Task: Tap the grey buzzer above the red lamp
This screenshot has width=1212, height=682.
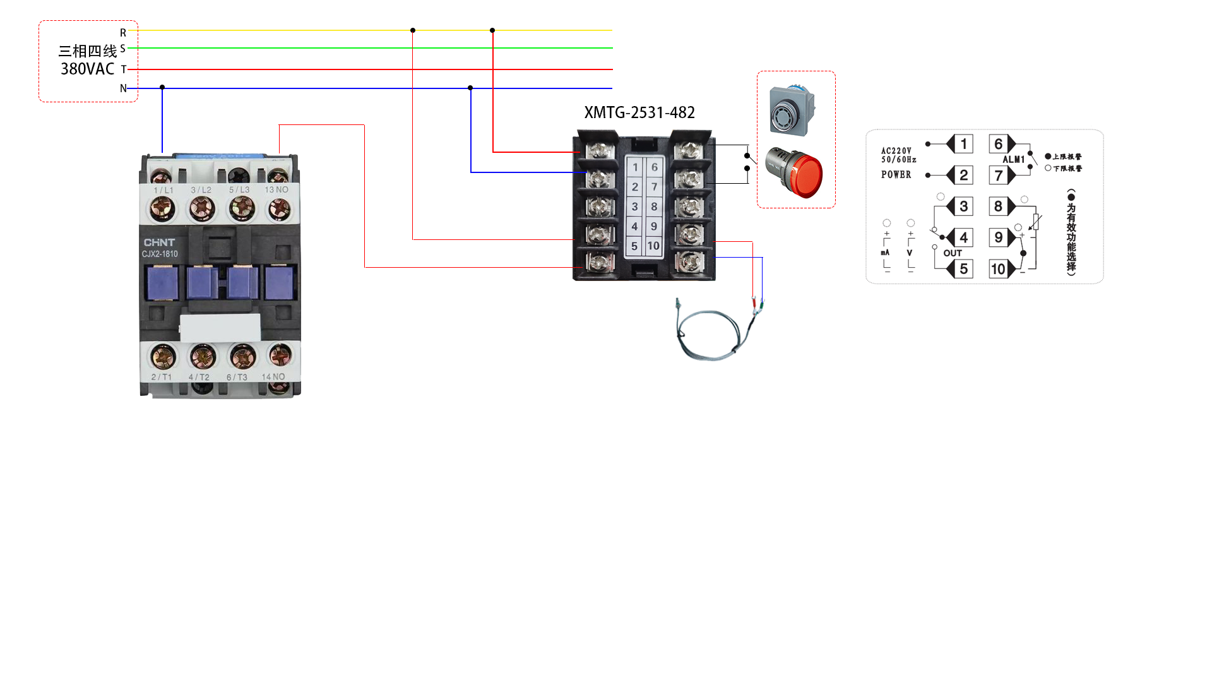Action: pos(792,111)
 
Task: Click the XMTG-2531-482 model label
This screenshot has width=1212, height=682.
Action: pos(639,112)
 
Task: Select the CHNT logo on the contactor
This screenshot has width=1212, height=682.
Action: pos(159,242)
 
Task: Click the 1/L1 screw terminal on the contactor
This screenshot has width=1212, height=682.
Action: pos(162,208)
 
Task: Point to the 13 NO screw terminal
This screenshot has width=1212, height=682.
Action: pos(279,208)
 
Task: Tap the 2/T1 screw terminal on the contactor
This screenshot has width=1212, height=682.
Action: pos(163,357)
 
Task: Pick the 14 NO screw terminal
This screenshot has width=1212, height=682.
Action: pos(279,356)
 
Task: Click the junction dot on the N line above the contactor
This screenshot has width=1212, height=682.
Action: pos(162,87)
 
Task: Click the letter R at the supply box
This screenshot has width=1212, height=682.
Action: pos(123,33)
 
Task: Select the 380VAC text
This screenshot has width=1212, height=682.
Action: pos(87,69)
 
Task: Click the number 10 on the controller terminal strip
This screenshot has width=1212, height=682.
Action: pos(653,246)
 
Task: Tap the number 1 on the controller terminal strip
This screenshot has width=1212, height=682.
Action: pos(635,167)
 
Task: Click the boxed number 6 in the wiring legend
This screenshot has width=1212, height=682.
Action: pos(998,144)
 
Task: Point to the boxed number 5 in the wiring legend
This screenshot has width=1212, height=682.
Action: pos(963,269)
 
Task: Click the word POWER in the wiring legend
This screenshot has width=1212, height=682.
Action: pos(896,175)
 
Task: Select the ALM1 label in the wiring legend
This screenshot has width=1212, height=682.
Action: pos(1013,160)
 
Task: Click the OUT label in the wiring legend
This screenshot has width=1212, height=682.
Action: pos(953,253)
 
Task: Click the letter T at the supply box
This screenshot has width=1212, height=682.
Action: pos(124,69)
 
